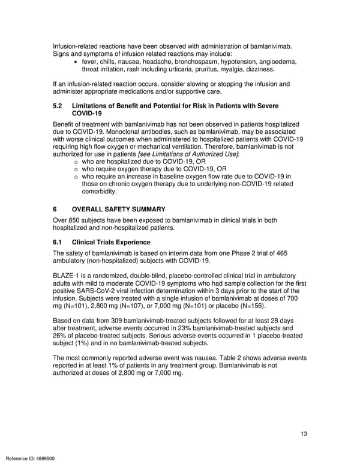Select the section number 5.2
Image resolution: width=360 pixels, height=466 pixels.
point(58,106)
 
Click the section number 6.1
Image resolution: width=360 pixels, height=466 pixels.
point(58,242)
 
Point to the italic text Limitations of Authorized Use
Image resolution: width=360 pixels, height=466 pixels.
point(187,155)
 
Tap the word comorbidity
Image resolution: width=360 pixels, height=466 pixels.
point(100,192)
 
